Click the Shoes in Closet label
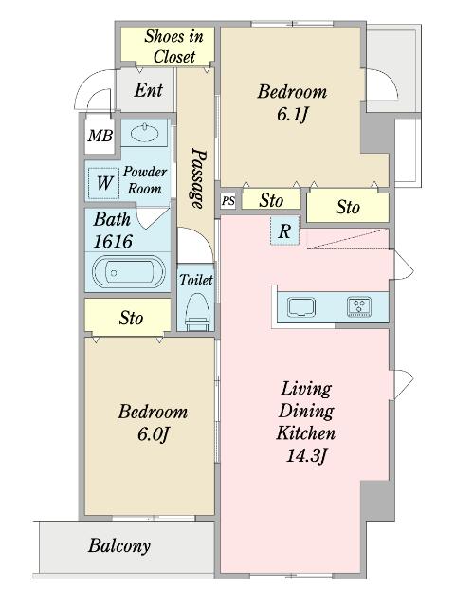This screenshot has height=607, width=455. pos(174,46)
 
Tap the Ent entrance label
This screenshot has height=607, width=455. pos(149,90)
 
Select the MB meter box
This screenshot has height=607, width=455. pos(100,136)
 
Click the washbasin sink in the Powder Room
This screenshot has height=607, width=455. pos(145,133)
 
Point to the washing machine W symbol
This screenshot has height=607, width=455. pos(103,183)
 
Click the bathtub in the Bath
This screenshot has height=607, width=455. pos(129,271)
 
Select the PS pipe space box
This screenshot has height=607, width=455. pos(228,201)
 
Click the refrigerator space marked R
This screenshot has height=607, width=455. pos(284,231)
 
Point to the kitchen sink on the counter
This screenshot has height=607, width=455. pos(301,307)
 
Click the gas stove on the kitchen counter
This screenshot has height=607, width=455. pos(359,306)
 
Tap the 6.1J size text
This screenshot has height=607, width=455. pos(292,114)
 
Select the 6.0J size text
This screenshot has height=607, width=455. pos(153,434)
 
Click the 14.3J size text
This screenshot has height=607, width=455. pos(305,455)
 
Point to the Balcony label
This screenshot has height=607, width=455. pos(119,546)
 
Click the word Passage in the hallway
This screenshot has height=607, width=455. pos(198,178)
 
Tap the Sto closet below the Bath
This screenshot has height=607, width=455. pos(128,318)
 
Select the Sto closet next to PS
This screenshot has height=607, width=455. pos(271,200)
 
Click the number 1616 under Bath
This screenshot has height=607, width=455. pos(113,242)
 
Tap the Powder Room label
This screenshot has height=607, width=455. pos(145,180)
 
